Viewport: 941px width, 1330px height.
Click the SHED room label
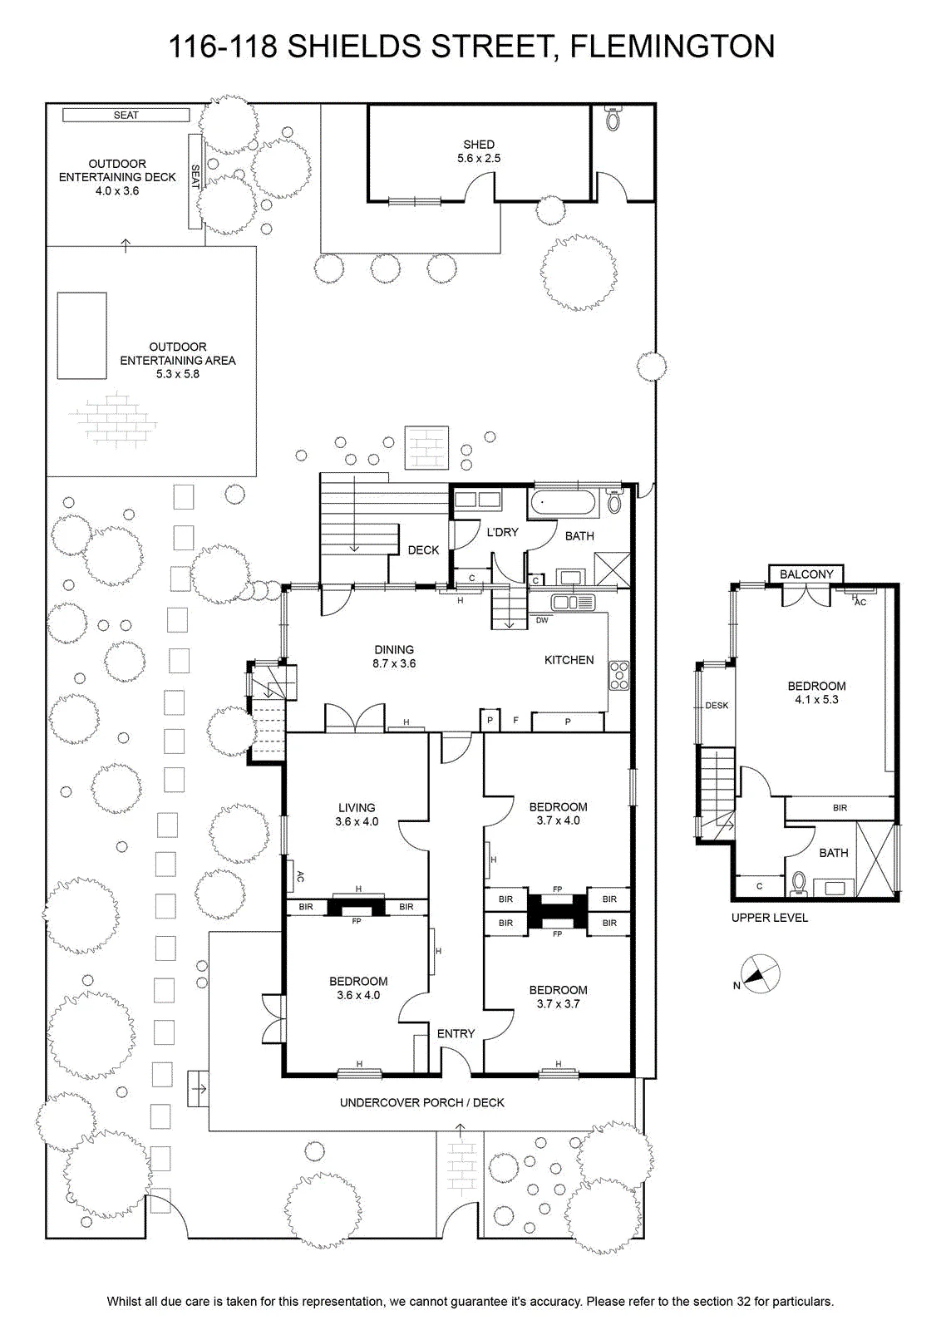[479, 145]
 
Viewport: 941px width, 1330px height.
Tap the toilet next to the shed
[613, 118]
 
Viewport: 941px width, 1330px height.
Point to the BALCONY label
[806, 574]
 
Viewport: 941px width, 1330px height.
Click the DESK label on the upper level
[717, 706]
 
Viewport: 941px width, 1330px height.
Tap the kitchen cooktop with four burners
[618, 676]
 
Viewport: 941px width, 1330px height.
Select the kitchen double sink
[573, 603]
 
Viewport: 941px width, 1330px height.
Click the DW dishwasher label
[542, 620]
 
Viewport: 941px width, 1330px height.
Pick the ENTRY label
[456, 1034]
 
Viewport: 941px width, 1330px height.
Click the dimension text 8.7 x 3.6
[394, 664]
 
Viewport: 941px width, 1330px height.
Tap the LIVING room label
[357, 807]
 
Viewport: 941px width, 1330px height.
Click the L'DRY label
[502, 532]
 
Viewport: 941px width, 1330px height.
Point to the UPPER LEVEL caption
[770, 918]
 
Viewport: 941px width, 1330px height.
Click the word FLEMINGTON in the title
[672, 47]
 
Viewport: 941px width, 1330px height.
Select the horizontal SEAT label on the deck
[126, 116]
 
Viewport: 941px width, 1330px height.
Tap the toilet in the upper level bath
[799, 884]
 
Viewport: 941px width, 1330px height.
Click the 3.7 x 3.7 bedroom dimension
[558, 1003]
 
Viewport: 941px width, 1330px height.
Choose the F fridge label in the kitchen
[516, 721]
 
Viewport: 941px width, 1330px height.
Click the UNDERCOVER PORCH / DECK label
[422, 1102]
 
